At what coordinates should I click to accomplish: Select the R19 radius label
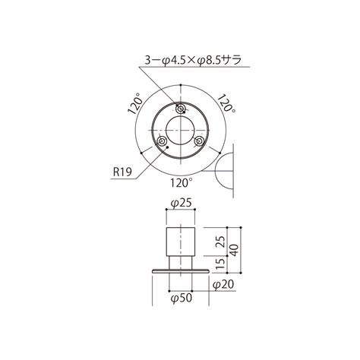[122, 172]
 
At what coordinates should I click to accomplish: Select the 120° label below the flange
[181, 182]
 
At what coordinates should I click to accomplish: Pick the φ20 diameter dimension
[223, 284]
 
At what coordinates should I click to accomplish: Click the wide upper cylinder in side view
[180, 239]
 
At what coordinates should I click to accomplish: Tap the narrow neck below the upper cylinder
[180, 262]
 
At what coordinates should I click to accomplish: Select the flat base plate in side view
[180, 271]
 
